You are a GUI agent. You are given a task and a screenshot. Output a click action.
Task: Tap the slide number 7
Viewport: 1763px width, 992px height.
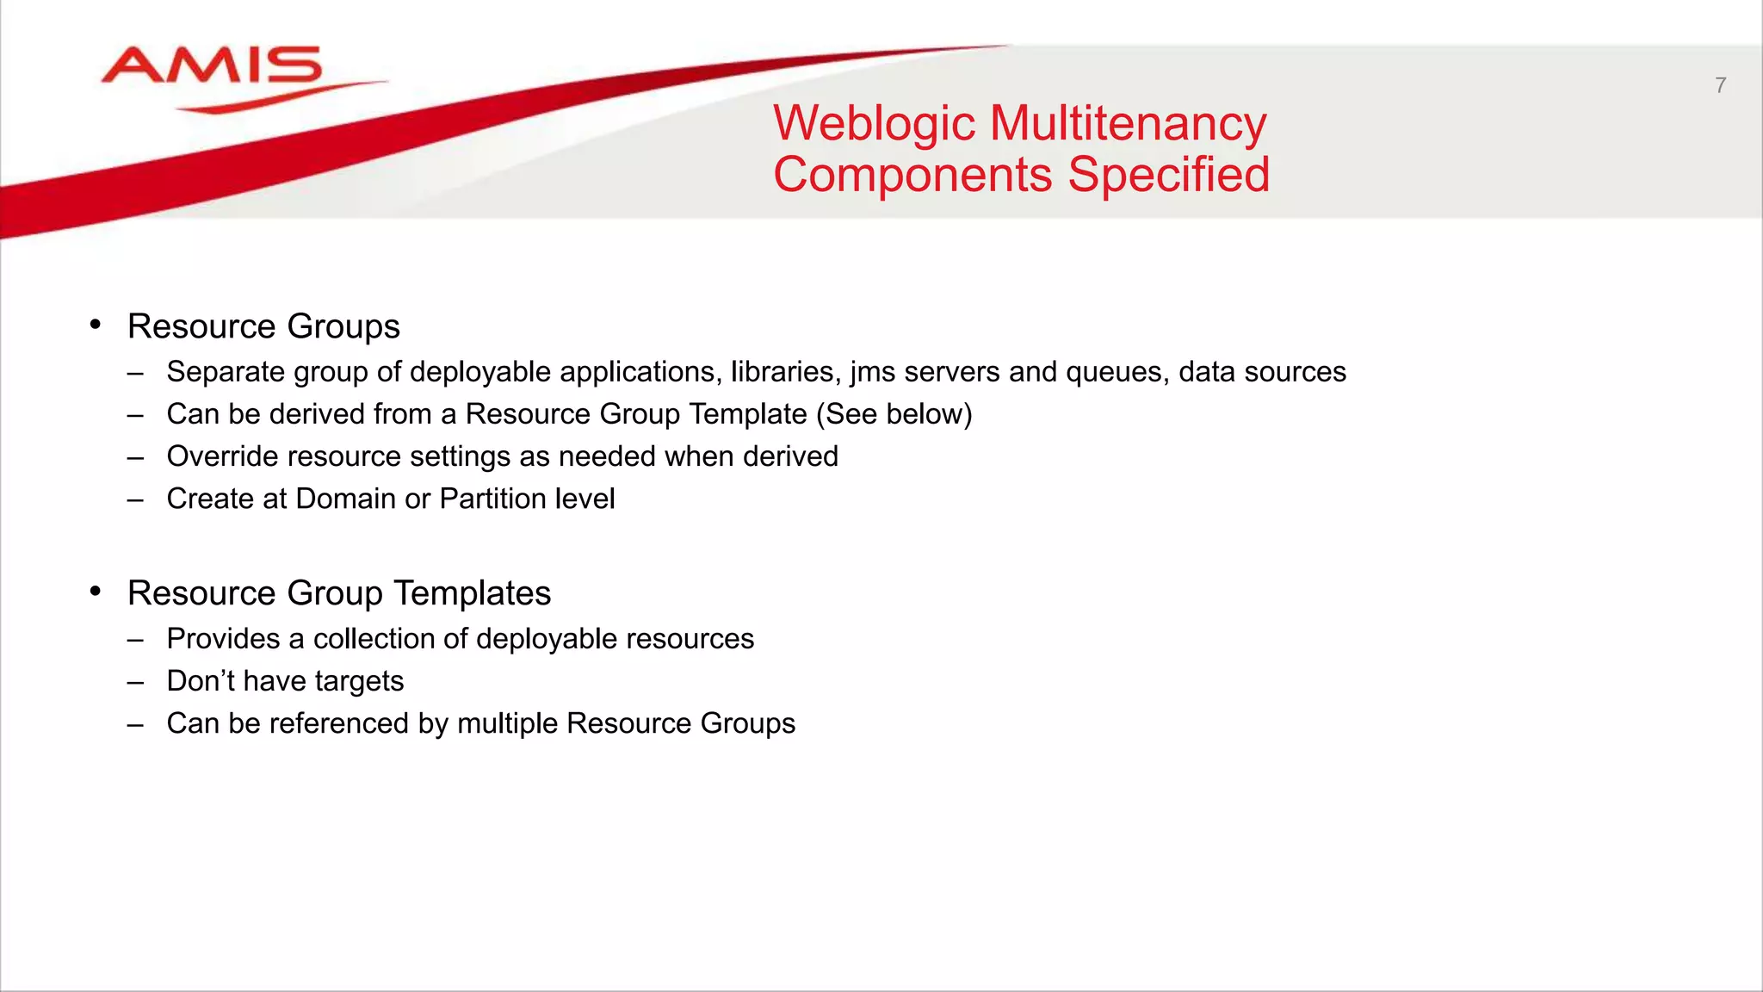point(1720,85)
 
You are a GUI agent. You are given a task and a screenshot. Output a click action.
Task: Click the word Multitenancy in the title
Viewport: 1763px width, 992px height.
point(1128,123)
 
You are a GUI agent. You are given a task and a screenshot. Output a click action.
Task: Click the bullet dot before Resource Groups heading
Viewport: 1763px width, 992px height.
point(96,325)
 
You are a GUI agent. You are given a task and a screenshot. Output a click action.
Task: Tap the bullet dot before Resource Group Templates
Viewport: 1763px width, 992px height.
point(96,592)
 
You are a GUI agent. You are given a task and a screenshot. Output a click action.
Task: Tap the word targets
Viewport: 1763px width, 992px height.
point(359,682)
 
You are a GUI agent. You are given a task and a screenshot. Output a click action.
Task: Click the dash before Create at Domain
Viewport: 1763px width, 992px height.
point(135,499)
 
